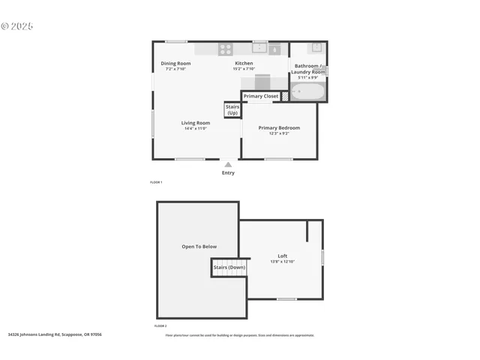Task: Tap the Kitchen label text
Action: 244,64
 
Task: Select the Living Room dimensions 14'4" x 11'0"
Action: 196,129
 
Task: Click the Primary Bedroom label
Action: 279,127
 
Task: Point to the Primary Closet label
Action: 260,96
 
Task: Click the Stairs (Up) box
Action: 232,109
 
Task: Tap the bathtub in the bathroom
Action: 308,92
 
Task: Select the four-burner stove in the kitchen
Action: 225,49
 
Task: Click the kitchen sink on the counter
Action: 260,49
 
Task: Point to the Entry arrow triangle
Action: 228,164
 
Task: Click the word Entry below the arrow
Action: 228,173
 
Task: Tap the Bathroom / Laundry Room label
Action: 310,68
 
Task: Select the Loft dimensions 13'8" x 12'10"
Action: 282,262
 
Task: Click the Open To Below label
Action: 199,246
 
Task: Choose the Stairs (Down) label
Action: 229,267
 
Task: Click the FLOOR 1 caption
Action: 156,182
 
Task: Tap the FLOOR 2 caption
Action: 160,326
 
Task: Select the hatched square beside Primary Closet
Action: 285,97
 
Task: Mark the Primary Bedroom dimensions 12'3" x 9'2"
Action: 279,133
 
